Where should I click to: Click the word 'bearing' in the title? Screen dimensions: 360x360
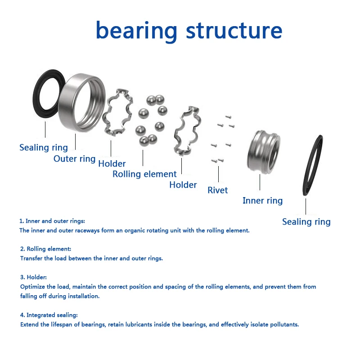point(136,31)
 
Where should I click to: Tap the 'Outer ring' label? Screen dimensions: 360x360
point(74,159)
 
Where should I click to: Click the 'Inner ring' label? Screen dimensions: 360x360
point(262,201)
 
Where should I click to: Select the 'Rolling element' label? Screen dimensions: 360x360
point(144,174)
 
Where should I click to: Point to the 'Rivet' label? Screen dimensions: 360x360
point(218,190)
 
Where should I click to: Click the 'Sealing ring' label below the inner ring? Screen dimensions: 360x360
point(306,222)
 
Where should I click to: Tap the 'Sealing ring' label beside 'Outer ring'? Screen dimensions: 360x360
point(44,148)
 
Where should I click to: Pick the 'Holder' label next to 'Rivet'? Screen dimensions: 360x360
point(183,185)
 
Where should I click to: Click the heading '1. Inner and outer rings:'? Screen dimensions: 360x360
point(52,221)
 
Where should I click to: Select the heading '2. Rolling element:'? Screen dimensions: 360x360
point(45,249)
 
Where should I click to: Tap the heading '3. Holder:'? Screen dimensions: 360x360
point(33,277)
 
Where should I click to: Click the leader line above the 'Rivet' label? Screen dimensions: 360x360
point(218,174)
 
